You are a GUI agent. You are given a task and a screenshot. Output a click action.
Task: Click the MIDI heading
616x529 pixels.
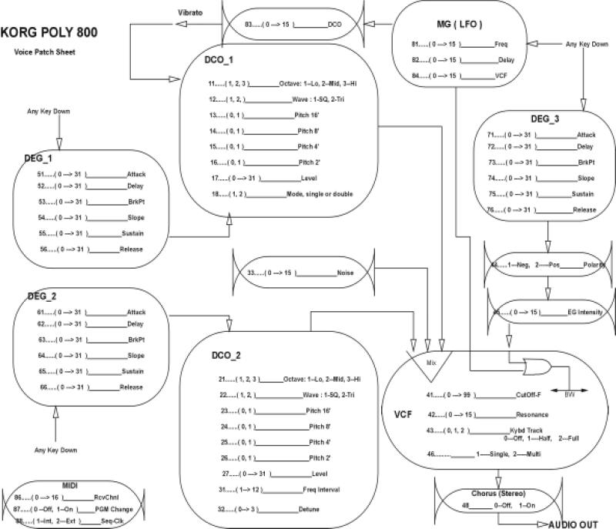pyautogui.click(x=70, y=485)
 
